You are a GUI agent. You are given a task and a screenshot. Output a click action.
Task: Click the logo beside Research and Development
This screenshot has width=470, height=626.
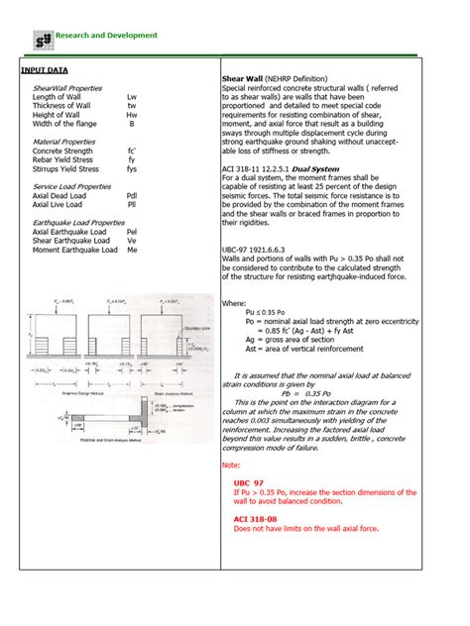tap(42, 38)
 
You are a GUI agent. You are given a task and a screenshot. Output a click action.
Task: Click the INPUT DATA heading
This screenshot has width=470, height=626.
tap(46, 71)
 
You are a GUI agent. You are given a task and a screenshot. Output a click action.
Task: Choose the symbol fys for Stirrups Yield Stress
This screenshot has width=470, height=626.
tap(132, 168)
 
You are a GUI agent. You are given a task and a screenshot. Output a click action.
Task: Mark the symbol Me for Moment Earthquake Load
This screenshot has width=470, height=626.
tap(132, 249)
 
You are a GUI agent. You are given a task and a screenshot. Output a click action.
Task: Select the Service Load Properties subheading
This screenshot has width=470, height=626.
tap(72, 186)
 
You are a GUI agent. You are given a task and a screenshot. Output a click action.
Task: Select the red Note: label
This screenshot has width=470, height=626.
tap(231, 464)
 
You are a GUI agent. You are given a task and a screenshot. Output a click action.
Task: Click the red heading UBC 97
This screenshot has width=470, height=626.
tap(248, 481)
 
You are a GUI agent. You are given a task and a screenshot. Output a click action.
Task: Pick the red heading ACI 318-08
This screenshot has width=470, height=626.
tap(256, 518)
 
